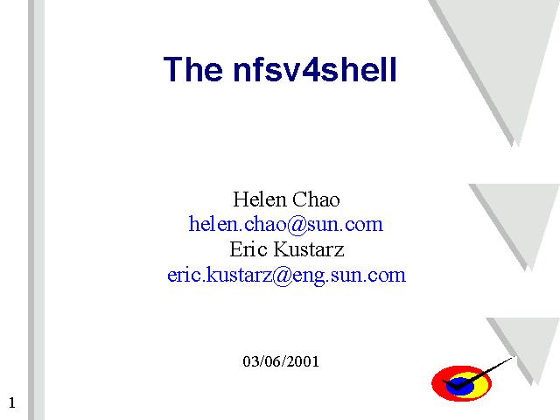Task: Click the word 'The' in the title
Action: [192, 69]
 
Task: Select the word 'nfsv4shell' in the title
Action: [315, 69]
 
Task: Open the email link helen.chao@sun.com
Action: [286, 224]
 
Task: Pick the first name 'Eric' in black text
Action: [248, 248]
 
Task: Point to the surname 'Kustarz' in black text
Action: [309, 248]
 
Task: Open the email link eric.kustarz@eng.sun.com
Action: [286, 275]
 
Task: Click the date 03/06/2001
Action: [281, 361]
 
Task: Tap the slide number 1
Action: [12, 402]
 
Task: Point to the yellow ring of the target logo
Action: [482, 385]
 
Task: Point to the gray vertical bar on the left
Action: [37, 210]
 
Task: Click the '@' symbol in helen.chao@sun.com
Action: [297, 225]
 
